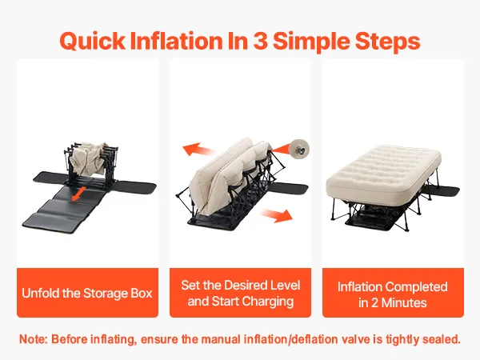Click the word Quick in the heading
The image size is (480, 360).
(93, 42)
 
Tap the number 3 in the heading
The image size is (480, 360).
(260, 41)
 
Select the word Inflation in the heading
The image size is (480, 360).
(176, 41)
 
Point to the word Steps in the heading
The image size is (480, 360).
(387, 42)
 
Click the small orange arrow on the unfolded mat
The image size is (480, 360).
(78, 194)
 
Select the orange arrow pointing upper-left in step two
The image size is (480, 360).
(197, 150)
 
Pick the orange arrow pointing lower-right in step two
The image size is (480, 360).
(278, 215)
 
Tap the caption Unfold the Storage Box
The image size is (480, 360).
(87, 293)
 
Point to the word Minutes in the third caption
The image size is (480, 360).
(404, 302)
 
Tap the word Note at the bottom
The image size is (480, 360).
(33, 339)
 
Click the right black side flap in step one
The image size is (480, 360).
(137, 186)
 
